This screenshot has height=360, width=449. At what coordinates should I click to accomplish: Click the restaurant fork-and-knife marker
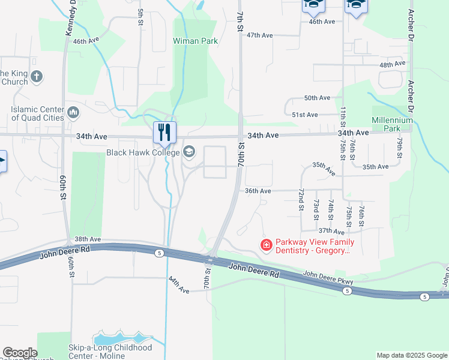(x=164, y=132)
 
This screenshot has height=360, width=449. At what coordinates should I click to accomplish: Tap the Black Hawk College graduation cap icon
(x=189, y=152)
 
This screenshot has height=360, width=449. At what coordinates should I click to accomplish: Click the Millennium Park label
(x=393, y=124)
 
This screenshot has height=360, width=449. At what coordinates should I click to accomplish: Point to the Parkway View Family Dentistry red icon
(x=265, y=245)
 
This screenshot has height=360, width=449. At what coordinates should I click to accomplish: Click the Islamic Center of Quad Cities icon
(x=74, y=112)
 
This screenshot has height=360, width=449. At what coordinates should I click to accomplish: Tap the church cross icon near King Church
(x=37, y=76)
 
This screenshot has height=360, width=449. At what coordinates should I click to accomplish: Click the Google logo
(x=19, y=353)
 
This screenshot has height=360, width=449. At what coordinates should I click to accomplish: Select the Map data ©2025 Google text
(x=411, y=355)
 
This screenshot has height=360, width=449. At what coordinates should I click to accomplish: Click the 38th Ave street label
(x=84, y=239)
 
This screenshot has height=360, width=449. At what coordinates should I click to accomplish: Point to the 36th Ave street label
(x=258, y=191)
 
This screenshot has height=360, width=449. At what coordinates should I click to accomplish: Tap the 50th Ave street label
(x=317, y=98)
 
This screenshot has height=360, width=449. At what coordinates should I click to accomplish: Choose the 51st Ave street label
(x=304, y=115)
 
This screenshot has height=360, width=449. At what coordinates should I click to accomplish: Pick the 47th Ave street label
(x=259, y=35)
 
